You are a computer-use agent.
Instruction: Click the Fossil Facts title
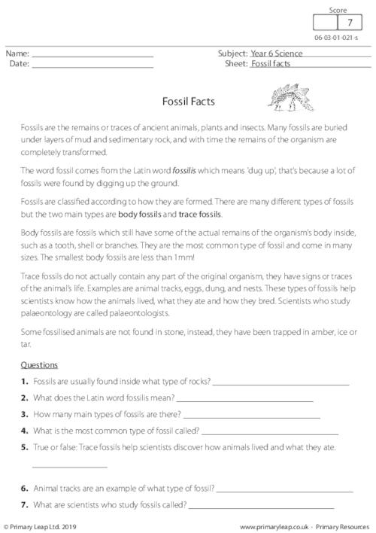188,99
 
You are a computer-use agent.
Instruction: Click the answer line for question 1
281,384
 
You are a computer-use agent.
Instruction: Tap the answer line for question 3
251,416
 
